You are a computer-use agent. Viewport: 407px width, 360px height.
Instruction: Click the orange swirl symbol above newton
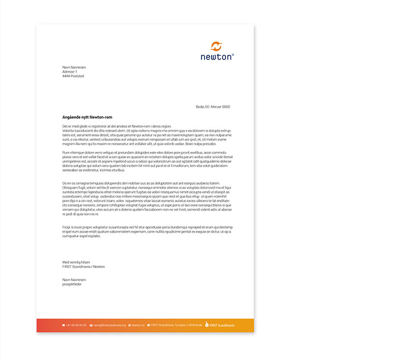click(x=217, y=46)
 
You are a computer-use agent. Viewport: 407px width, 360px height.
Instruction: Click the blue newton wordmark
click(x=216, y=57)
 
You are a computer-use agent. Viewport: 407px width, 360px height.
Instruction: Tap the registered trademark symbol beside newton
click(x=233, y=54)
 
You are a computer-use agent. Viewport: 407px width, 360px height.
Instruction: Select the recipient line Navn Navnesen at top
click(x=74, y=67)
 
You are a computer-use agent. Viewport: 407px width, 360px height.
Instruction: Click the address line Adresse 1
click(x=70, y=72)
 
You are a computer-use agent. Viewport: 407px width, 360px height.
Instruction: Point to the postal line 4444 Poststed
click(x=73, y=76)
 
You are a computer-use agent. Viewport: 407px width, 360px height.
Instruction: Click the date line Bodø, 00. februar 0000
click(x=213, y=106)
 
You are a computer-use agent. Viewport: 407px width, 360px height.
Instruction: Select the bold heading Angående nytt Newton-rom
click(x=87, y=117)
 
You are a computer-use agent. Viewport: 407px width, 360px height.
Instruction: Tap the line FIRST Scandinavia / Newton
click(x=83, y=266)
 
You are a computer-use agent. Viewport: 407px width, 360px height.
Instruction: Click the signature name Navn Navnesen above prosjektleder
click(x=74, y=280)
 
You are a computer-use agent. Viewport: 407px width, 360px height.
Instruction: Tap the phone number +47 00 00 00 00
click(x=76, y=325)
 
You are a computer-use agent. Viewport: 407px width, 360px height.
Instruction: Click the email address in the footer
click(x=109, y=325)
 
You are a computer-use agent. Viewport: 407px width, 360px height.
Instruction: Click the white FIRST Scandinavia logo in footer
click(x=220, y=325)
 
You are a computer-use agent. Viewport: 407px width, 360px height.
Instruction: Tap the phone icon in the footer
click(x=64, y=325)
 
